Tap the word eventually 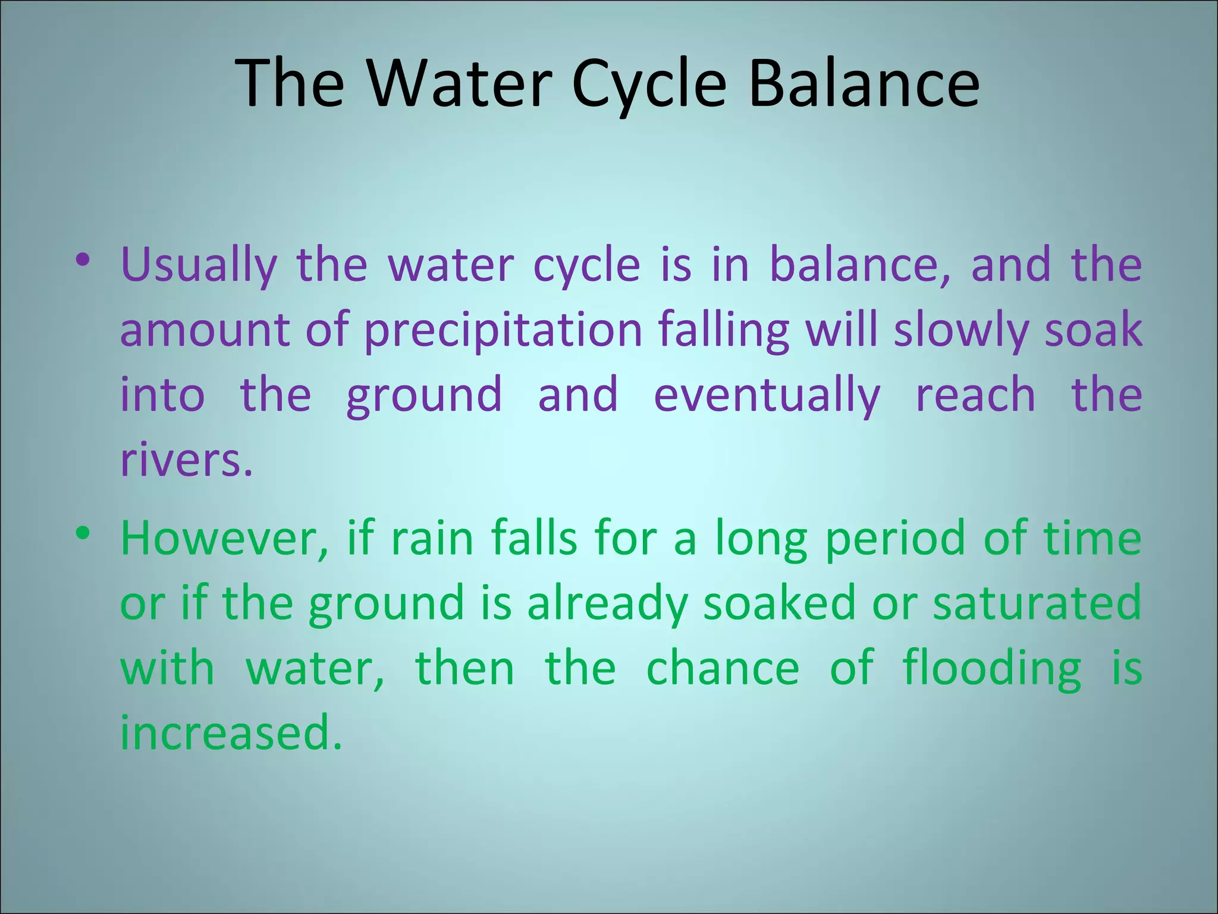(x=767, y=395)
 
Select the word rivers (x=186, y=461)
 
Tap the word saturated (x=1037, y=603)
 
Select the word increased (x=231, y=733)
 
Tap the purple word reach (x=975, y=395)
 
